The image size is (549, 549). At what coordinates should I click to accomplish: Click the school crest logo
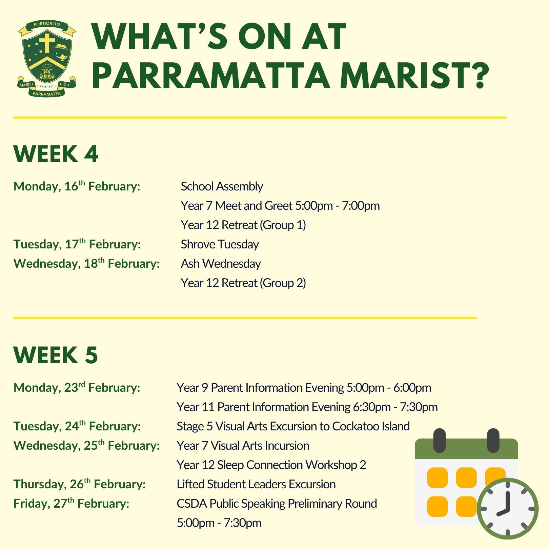point(47,59)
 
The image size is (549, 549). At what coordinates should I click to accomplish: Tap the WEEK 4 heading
point(56,154)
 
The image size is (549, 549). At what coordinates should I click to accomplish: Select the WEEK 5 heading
point(56,355)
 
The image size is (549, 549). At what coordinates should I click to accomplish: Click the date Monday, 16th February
point(77,186)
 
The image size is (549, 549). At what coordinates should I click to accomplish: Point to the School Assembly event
point(222,186)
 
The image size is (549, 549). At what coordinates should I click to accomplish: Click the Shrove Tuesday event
point(220,244)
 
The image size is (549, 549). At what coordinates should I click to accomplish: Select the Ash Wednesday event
point(221,264)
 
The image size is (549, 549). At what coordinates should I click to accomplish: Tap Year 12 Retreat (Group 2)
point(243,283)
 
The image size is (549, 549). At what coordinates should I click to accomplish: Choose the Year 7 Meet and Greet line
point(280,206)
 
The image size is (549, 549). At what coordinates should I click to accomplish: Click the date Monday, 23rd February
point(77,387)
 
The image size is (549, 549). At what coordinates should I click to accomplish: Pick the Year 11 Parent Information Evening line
point(307,407)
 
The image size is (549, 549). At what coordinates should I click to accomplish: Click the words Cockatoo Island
point(371,426)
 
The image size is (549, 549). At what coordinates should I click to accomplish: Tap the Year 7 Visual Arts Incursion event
point(243,446)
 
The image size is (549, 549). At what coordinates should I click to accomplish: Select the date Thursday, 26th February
point(80,484)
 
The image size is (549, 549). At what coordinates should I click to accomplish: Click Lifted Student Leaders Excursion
point(256,484)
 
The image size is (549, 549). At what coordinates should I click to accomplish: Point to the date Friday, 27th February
point(72,503)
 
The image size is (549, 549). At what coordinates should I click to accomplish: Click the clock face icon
point(508,508)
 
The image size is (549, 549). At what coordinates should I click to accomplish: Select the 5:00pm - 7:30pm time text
point(219,523)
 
